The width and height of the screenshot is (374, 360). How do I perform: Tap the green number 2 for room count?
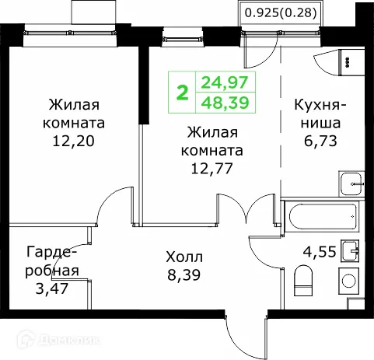183,93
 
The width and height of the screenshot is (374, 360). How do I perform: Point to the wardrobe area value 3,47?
51,288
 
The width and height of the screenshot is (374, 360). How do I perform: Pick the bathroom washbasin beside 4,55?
352,250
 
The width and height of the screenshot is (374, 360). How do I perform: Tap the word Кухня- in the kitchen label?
320,106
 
